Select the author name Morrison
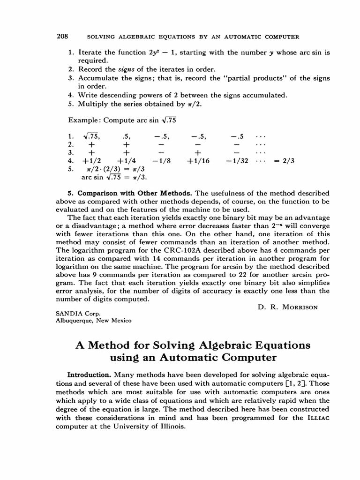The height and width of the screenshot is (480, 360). (303, 307)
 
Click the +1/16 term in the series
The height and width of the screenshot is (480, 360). (198, 161)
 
